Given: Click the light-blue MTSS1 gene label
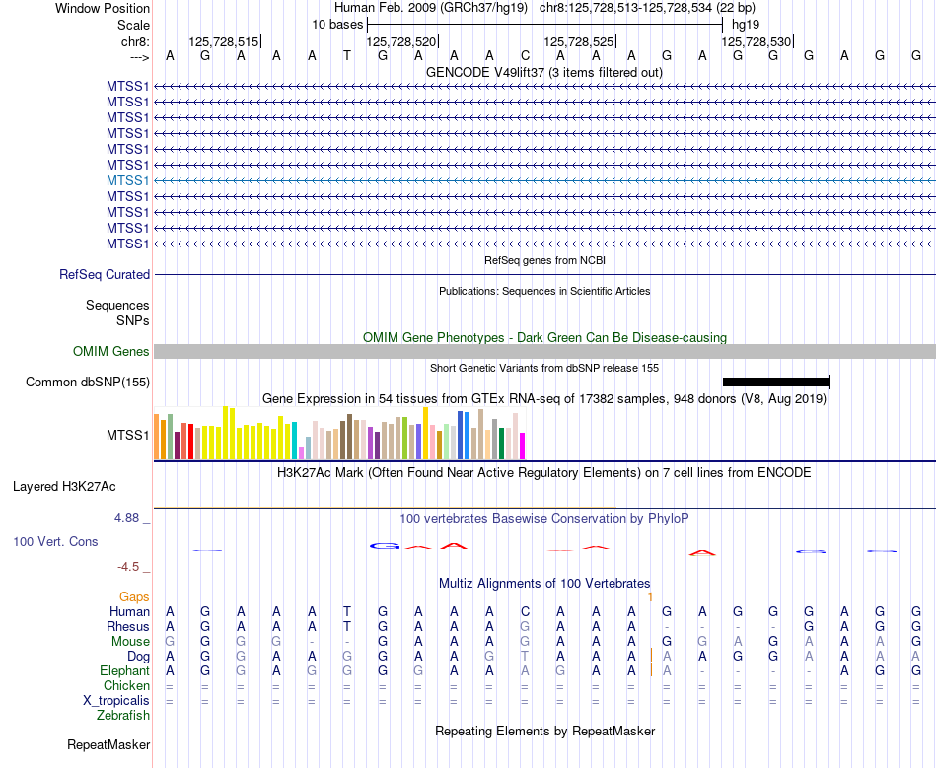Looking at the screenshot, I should pos(127,180).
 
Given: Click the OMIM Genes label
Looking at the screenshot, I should pos(111,352).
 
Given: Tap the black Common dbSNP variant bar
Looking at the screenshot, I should pos(776,382).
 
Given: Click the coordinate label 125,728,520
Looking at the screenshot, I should pos(400,42).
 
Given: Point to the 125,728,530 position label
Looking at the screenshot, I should pos(756,42).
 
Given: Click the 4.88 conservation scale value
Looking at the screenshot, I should pos(128,517).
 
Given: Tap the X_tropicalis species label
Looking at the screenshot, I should pos(116,701).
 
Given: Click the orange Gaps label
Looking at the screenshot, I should pos(134,597).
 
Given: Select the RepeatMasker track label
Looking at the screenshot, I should pos(108,744).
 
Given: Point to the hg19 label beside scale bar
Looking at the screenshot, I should pos(746,24).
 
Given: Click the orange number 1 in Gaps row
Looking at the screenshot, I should pos(651,597).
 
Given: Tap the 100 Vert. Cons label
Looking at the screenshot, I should pos(55,542).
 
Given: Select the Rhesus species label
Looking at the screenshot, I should pos(128,627).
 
